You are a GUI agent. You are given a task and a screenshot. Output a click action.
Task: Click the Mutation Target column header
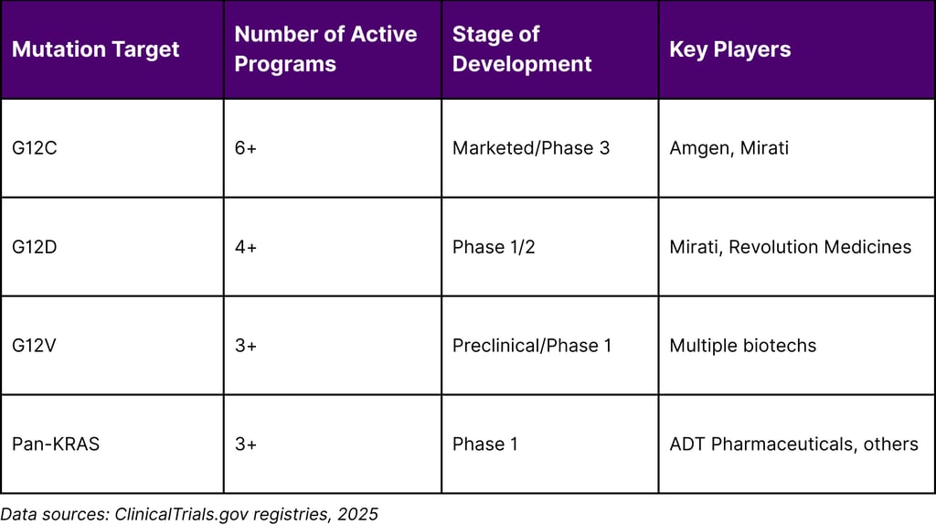pyautogui.click(x=96, y=49)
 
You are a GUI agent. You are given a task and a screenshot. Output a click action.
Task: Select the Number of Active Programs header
pyautogui.click(x=325, y=49)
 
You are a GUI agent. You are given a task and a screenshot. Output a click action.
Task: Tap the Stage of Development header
pyautogui.click(x=522, y=49)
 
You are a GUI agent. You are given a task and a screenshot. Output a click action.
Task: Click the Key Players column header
pyautogui.click(x=729, y=49)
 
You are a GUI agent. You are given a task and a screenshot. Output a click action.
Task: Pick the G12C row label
pyautogui.click(x=35, y=148)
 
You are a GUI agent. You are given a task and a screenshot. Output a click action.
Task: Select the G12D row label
pyautogui.click(x=35, y=247)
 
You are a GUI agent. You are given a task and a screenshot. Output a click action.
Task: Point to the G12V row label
pyautogui.click(x=35, y=346)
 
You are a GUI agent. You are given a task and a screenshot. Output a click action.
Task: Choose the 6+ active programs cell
pyautogui.click(x=246, y=148)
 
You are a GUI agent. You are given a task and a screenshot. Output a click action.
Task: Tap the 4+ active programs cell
pyautogui.click(x=246, y=247)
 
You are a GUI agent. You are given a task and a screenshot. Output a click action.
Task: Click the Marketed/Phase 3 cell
pyautogui.click(x=530, y=148)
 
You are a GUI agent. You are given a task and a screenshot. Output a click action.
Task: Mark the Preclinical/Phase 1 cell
pyautogui.click(x=532, y=346)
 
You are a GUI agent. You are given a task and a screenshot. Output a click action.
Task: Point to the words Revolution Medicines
pyautogui.click(x=820, y=247)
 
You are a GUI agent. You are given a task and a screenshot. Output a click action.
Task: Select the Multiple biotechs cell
pyautogui.click(x=742, y=346)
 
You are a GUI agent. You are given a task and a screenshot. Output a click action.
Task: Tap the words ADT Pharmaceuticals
pyautogui.click(x=764, y=445)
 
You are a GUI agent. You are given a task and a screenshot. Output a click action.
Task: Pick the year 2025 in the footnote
pyautogui.click(x=358, y=514)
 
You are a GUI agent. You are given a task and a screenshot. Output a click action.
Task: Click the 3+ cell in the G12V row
pyautogui.click(x=246, y=346)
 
